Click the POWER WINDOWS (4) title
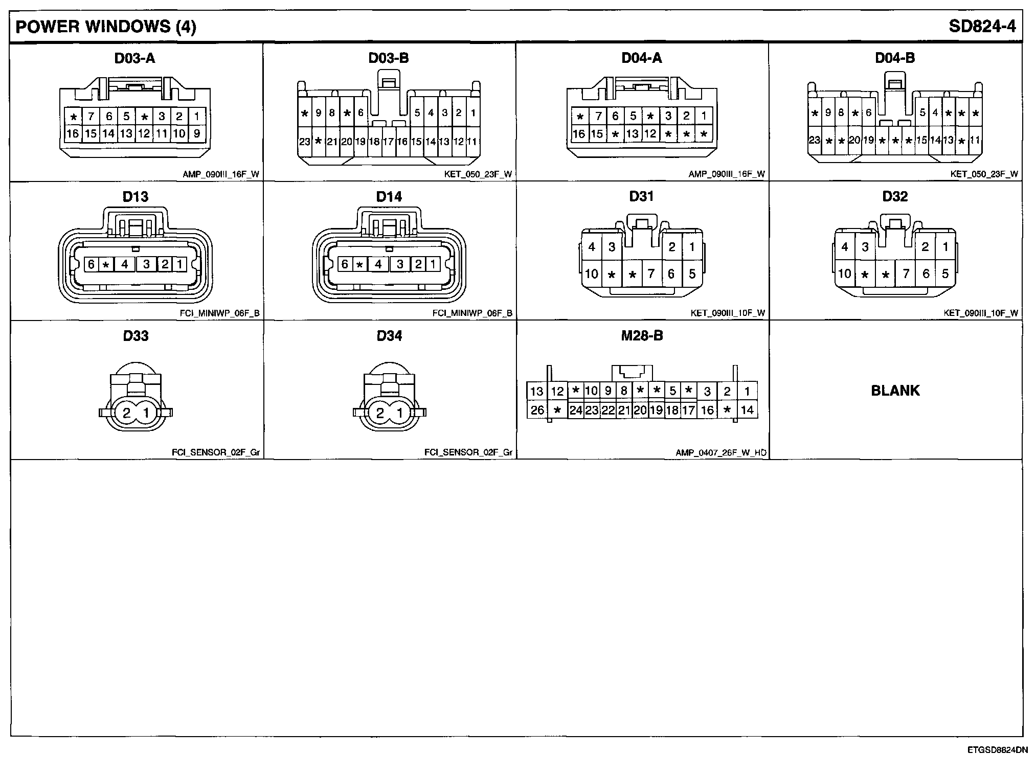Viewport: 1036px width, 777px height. coord(106,27)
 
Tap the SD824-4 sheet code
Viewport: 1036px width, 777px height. coord(982,27)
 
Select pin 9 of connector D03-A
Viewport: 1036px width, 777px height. coord(196,134)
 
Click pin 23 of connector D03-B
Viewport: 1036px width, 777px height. coord(304,142)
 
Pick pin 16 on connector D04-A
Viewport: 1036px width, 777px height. coord(579,134)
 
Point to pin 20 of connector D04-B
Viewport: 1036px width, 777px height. coord(854,140)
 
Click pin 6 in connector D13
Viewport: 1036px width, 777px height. coord(91,264)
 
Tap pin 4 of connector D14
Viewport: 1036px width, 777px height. coord(378,264)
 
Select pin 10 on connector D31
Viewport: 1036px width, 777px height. coord(592,274)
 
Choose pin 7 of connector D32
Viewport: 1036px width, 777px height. coord(906,274)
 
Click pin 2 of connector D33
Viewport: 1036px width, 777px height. coord(126,413)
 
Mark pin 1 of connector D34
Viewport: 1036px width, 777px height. coord(399,413)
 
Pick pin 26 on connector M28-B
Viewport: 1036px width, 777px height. coord(537,410)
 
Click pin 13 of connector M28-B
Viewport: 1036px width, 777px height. coord(536,392)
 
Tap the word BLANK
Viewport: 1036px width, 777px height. coord(895,391)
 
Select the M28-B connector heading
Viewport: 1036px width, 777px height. coord(642,336)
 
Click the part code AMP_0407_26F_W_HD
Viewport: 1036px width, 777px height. coord(720,453)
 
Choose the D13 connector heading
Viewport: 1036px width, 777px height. coord(136,197)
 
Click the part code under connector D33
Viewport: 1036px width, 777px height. coord(215,453)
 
